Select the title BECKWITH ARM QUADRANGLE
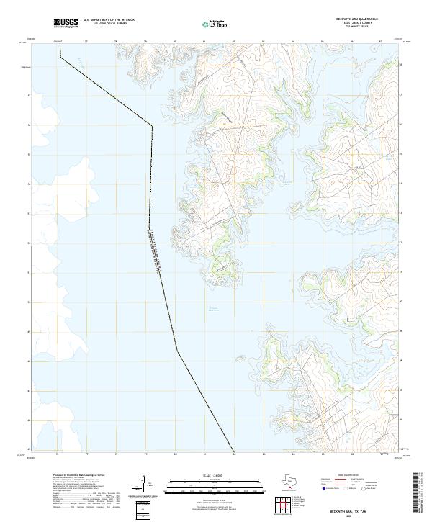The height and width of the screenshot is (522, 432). coord(356,19)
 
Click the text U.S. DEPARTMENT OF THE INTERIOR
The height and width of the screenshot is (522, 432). coord(109,19)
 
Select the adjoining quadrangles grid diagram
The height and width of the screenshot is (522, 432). coord(284,506)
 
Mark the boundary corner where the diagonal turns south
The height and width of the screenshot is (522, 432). coord(152,127)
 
